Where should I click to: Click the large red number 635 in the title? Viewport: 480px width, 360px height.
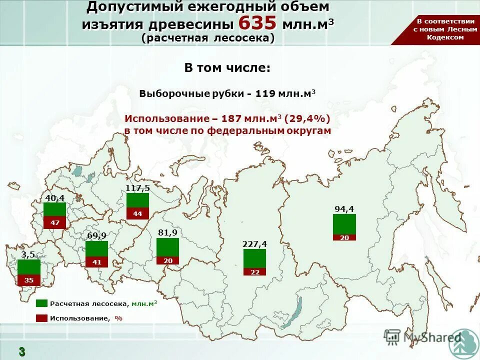click(257, 23)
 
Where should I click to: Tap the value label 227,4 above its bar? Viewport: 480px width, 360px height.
click(254, 244)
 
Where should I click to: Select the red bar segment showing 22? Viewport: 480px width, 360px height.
click(254, 272)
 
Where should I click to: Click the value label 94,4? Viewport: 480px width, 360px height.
click(344, 209)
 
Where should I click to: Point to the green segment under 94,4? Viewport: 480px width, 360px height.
click(344, 224)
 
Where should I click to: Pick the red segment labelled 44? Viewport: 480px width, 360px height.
click(137, 213)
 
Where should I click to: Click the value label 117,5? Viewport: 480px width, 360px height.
click(137, 188)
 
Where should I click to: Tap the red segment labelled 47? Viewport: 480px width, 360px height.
click(55, 222)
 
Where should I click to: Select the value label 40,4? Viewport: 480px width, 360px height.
click(55, 198)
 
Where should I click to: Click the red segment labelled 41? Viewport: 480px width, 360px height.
click(96, 262)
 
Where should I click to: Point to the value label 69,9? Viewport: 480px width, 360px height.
click(96, 235)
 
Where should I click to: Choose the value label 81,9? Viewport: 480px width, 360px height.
click(167, 233)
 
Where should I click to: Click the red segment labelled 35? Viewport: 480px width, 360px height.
click(29, 280)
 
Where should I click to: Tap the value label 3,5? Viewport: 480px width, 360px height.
click(28, 254)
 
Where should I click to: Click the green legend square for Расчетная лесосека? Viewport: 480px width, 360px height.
click(41, 303)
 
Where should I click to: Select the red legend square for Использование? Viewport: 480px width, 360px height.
click(41, 318)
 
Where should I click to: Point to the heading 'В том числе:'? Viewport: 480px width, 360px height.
click(227, 68)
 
